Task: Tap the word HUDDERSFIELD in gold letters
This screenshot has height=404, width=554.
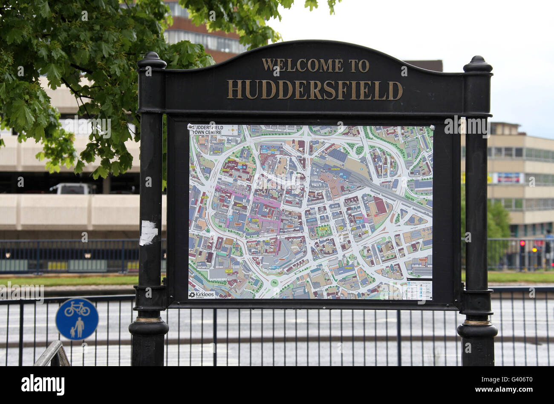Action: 315,90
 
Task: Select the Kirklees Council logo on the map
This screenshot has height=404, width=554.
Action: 202,295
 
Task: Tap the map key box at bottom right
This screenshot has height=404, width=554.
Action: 419,289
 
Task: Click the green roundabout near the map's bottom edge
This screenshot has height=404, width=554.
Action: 274,282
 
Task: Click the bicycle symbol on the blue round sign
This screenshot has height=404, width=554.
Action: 77,309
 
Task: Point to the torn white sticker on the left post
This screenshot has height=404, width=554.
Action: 148,233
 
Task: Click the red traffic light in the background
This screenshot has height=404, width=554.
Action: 522,243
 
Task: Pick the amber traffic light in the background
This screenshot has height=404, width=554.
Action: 534,250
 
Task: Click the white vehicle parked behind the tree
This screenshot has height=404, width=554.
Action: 72,189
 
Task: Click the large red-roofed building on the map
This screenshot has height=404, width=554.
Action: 378,206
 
